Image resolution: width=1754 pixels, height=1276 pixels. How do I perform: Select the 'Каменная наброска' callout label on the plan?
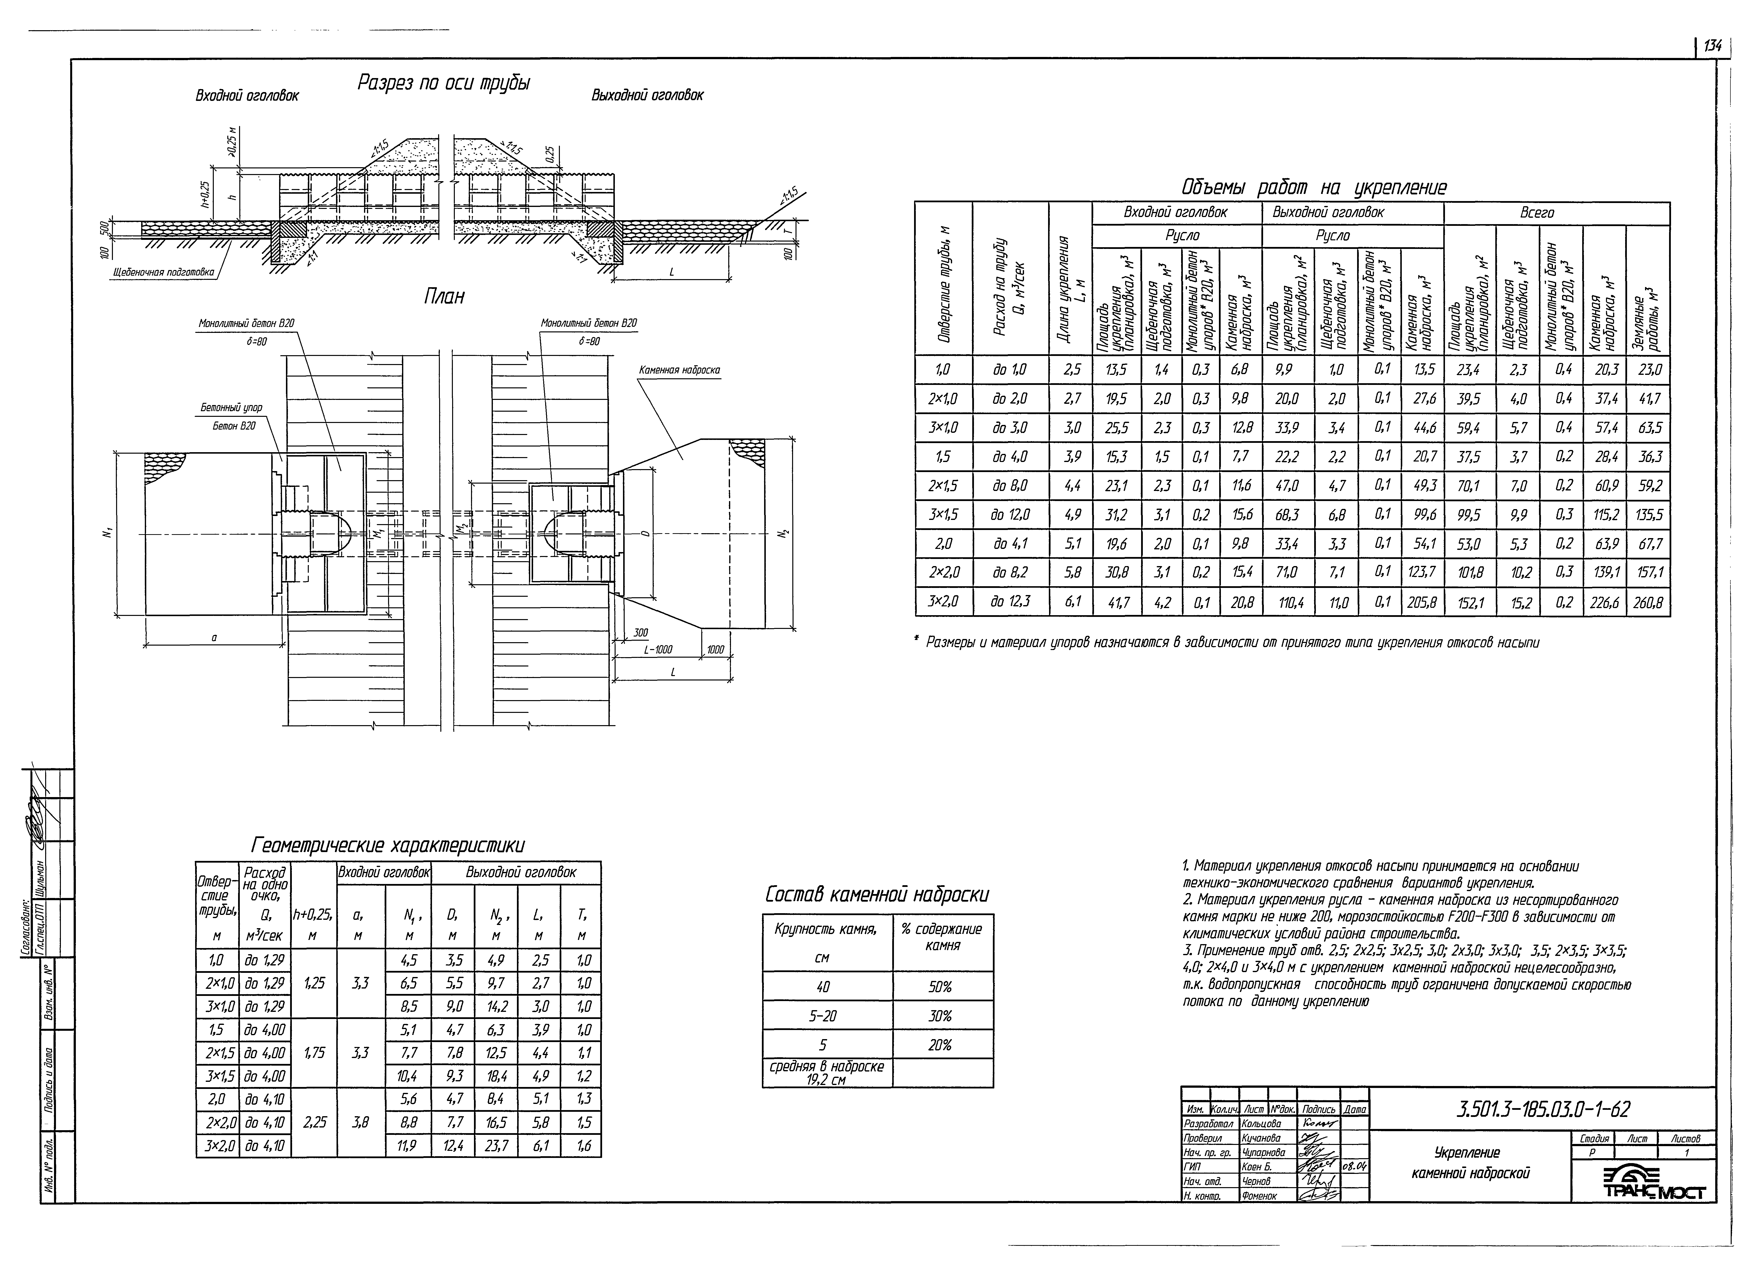point(679,370)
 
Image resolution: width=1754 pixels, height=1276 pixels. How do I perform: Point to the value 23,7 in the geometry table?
point(496,1146)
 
